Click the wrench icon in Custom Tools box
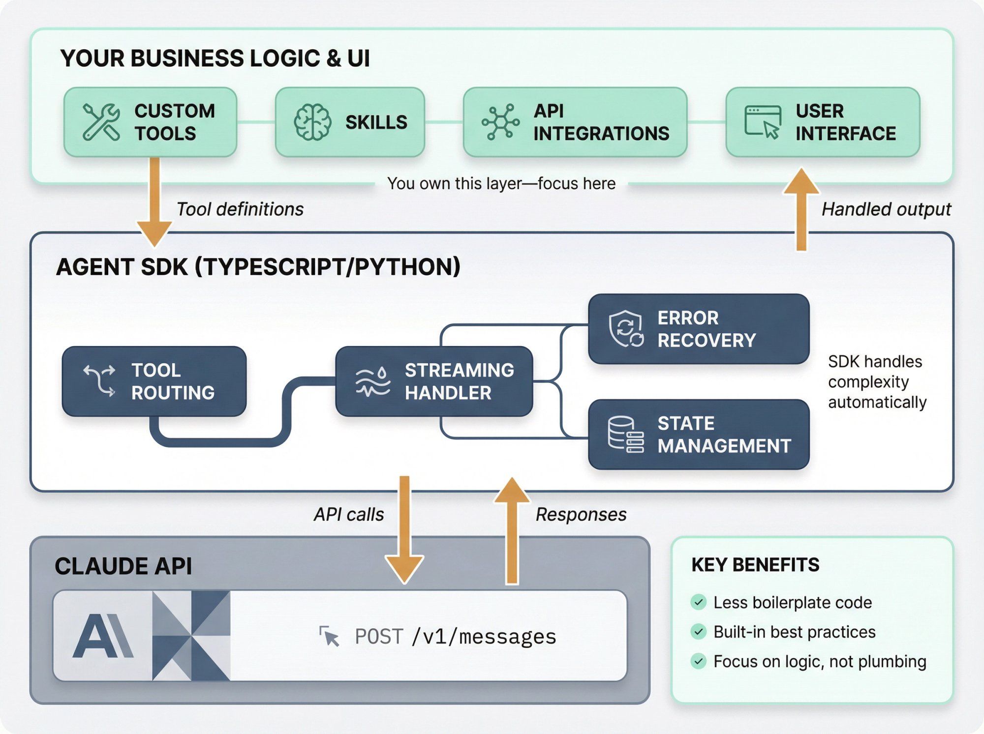point(101,122)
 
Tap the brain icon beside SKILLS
point(312,122)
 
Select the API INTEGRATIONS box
point(575,122)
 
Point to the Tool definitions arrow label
point(240,209)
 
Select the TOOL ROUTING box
point(154,382)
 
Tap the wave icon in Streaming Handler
point(372,382)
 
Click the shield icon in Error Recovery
point(625,328)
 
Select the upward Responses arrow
point(512,531)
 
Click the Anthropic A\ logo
point(102,636)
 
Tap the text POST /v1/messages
point(455,637)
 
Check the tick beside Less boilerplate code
point(698,602)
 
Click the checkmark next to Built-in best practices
point(698,632)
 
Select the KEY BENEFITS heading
point(755,565)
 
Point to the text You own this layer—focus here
point(501,184)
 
